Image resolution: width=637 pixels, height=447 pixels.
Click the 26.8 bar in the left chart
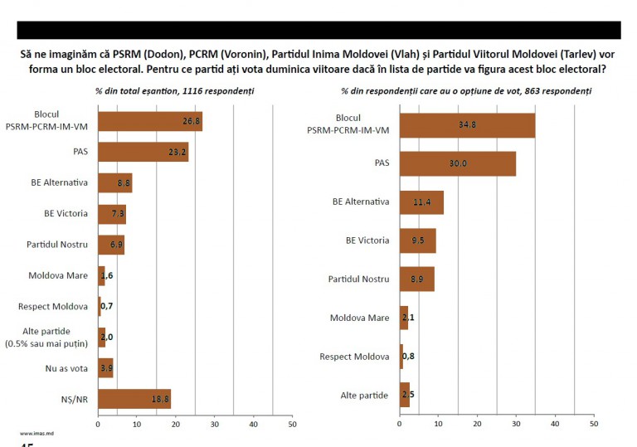tap(150, 121)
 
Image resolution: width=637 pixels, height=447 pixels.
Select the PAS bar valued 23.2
tap(143, 152)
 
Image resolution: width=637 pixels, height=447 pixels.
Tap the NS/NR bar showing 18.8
tap(134, 399)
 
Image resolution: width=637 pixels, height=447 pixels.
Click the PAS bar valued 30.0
tap(458, 163)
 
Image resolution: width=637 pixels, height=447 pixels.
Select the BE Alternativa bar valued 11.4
tap(421, 202)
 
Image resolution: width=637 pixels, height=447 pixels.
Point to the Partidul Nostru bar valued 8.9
tap(416, 279)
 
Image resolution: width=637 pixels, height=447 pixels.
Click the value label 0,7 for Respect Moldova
tap(107, 306)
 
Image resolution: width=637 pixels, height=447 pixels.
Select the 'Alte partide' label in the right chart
tap(364, 395)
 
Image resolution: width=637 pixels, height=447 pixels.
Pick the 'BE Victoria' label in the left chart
tap(66, 213)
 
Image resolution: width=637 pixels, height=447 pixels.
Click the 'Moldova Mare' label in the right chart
tap(359, 318)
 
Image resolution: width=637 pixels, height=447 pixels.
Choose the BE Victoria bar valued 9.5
tap(417, 241)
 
